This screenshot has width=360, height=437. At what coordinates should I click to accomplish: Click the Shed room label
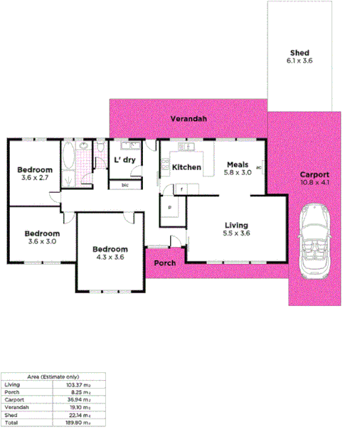(300, 53)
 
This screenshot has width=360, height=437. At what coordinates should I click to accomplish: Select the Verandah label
(189, 119)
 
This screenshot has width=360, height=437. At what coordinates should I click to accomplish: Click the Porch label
(165, 263)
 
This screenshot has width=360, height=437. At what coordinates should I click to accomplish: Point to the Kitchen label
(187, 168)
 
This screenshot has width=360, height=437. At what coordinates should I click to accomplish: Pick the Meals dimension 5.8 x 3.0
(238, 172)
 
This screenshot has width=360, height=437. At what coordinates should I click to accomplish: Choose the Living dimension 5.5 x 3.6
(237, 233)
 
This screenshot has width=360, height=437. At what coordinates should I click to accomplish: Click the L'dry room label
(125, 160)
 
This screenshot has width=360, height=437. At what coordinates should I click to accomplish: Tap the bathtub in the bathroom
(69, 164)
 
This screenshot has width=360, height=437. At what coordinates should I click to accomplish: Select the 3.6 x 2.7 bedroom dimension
(35, 177)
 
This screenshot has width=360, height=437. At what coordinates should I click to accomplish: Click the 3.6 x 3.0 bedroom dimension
(42, 241)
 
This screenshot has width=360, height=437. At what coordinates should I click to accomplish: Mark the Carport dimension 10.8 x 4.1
(314, 183)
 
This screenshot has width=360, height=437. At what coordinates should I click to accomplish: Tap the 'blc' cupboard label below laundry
(125, 185)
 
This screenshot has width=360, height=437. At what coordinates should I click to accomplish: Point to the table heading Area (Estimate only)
(53, 377)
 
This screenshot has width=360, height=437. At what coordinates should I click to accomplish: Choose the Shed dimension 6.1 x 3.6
(300, 62)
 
